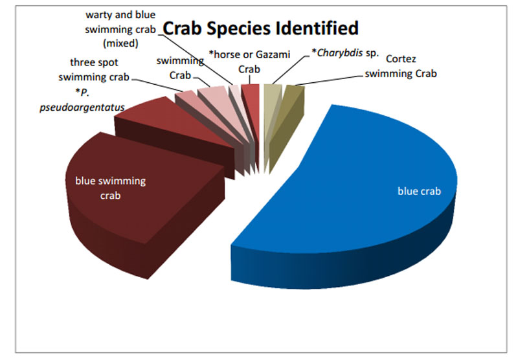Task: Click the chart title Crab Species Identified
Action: point(261,28)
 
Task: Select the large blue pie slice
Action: point(344,195)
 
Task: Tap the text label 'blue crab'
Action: point(419,191)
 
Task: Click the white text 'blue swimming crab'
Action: point(110,188)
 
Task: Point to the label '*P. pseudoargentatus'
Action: point(82,100)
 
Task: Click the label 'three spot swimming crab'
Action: point(94,70)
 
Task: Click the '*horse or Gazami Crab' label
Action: point(249,62)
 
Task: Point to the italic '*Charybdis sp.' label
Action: point(346,53)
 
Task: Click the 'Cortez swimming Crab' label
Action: point(401,66)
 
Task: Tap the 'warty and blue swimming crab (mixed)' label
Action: point(120,29)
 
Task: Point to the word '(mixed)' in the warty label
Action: point(120,43)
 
